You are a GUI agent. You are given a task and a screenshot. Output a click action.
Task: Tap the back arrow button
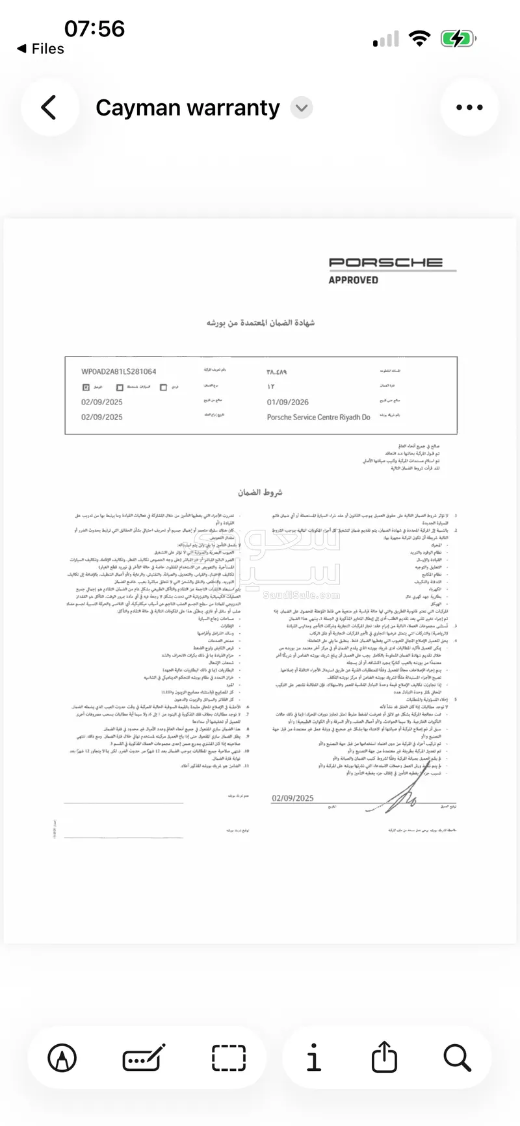click(x=49, y=107)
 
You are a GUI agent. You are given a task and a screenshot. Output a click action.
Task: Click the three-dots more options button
click(x=469, y=107)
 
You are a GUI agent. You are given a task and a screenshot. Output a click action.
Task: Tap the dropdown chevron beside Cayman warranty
click(x=301, y=108)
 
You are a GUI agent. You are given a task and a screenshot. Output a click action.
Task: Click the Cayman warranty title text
click(x=187, y=108)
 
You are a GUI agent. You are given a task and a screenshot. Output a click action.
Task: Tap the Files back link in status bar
click(x=41, y=49)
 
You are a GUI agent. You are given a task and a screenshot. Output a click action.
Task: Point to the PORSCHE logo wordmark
click(x=385, y=262)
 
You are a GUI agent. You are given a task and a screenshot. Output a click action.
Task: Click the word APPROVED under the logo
click(x=353, y=280)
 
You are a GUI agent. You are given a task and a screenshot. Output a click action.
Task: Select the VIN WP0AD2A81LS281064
click(x=118, y=371)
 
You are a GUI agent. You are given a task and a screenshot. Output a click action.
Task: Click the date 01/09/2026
click(x=287, y=402)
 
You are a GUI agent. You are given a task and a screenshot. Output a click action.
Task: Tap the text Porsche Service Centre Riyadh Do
click(x=318, y=417)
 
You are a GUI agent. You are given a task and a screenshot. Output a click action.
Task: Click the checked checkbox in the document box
click(x=85, y=387)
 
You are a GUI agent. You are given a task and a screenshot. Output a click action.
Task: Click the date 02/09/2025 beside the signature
click(x=292, y=798)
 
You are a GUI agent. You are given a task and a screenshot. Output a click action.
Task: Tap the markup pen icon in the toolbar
click(x=62, y=1058)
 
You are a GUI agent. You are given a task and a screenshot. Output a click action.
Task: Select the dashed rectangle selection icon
click(x=229, y=1058)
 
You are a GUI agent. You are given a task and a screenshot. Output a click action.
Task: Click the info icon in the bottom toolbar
click(x=313, y=1058)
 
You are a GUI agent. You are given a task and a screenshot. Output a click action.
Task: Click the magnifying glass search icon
click(x=457, y=1058)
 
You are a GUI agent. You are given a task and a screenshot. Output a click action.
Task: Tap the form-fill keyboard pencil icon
click(x=144, y=1058)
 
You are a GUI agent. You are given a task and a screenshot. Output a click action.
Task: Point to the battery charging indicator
click(x=458, y=39)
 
